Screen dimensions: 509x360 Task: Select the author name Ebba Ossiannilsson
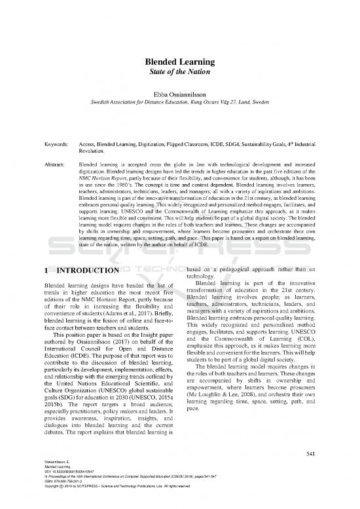[180, 96]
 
